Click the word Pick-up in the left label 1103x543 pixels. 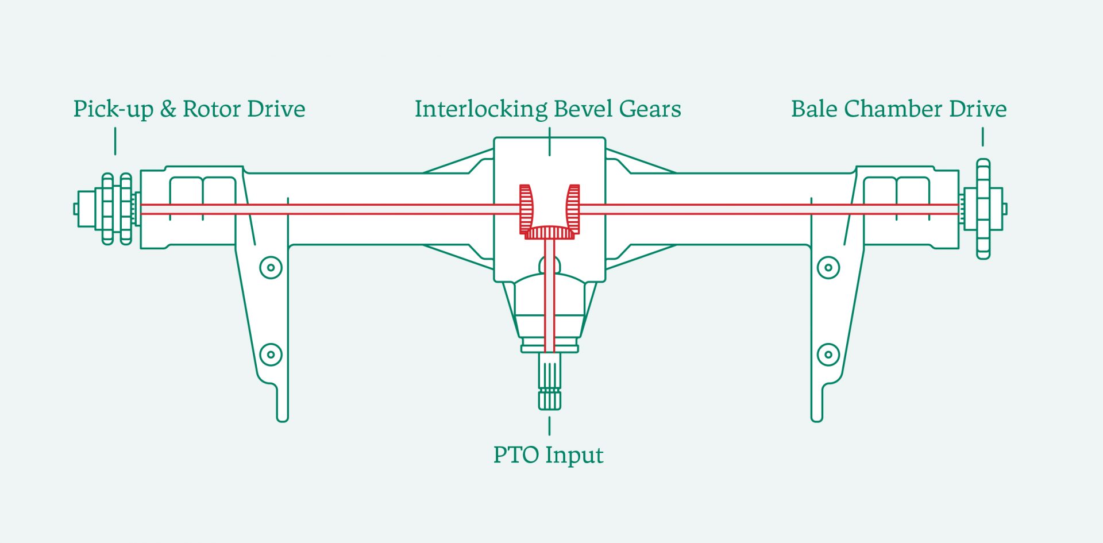pyautogui.click(x=113, y=109)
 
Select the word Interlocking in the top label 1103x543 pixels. pyautogui.click(x=481, y=109)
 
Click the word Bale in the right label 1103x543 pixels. pyautogui.click(x=813, y=109)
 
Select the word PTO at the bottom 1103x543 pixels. pyautogui.click(x=516, y=455)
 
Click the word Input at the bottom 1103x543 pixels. pyautogui.click(x=574, y=456)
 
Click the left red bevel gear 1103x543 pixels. pyautogui.click(x=526, y=209)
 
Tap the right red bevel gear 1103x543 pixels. pyautogui.click(x=573, y=209)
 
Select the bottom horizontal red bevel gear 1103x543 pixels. pyautogui.click(x=550, y=233)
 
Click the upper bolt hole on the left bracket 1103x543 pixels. pyautogui.click(x=271, y=267)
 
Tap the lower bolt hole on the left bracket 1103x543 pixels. pyautogui.click(x=271, y=355)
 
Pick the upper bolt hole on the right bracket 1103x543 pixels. pyautogui.click(x=828, y=267)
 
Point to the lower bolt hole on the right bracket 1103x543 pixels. pyautogui.click(x=828, y=355)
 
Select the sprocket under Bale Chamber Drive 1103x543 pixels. pyautogui.click(x=983, y=209)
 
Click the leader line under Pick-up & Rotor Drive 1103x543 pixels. pyautogui.click(x=115, y=141)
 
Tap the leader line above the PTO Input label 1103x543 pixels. pyautogui.click(x=550, y=426)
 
